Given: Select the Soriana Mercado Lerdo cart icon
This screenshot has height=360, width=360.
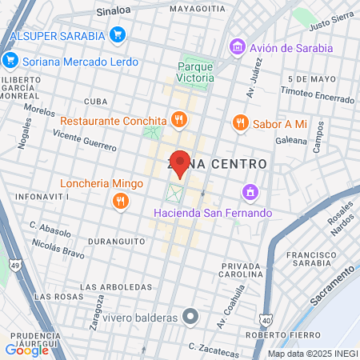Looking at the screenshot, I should (x=10, y=58).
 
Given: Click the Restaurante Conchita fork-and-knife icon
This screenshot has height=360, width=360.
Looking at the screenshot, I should (x=178, y=121).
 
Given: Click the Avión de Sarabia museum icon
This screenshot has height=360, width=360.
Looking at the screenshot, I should (x=236, y=47).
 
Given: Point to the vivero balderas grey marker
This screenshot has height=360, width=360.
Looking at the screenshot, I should (x=189, y=318).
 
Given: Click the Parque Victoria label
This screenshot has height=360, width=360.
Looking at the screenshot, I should (x=196, y=73).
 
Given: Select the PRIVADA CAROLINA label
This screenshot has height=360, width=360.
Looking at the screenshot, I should (x=242, y=270).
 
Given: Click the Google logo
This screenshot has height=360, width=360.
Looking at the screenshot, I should (x=27, y=350).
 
